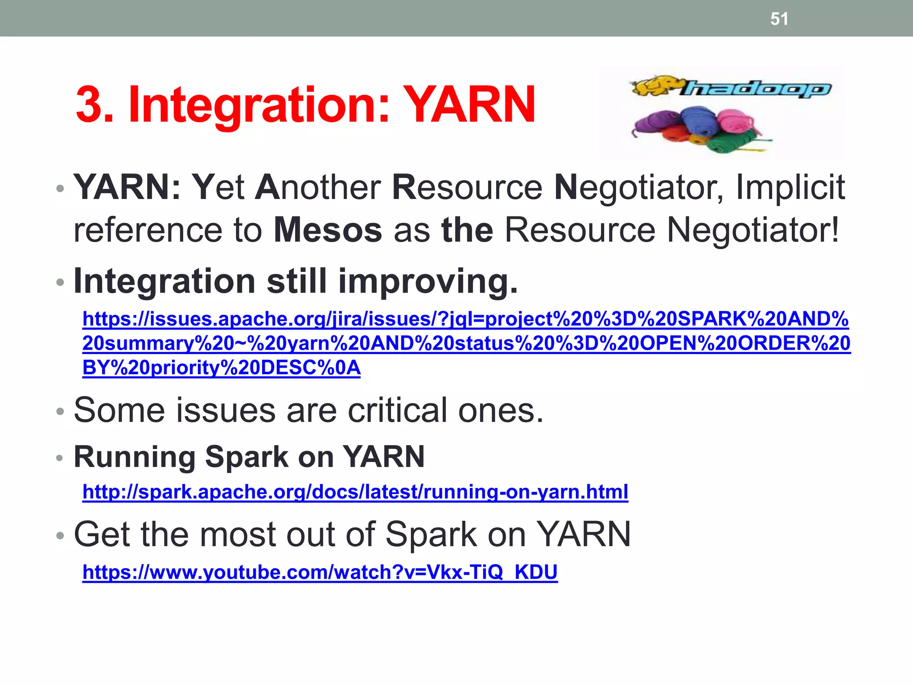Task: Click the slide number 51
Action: point(779,19)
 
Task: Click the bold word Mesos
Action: point(328,230)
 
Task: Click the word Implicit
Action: point(790,187)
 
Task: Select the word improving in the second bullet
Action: point(428,282)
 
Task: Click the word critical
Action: point(397,410)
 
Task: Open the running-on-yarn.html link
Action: point(355,492)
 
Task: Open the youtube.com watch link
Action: point(320,572)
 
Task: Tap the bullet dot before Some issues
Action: point(60,411)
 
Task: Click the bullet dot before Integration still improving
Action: point(60,283)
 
